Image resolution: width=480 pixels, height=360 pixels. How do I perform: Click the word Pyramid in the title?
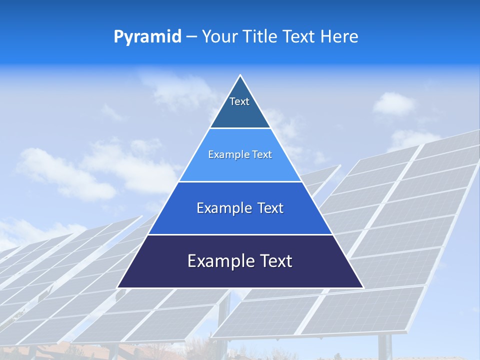pos(147,37)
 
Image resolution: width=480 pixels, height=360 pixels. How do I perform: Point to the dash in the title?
pos(191,37)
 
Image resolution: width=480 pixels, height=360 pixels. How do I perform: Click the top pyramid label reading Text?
pos(239,101)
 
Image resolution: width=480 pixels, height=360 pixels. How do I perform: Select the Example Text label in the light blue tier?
pos(240,154)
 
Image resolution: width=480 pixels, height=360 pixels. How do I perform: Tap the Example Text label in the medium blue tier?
pos(240,208)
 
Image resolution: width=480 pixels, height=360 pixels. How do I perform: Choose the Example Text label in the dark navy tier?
pos(240,261)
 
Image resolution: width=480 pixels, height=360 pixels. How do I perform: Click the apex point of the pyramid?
pos(240,75)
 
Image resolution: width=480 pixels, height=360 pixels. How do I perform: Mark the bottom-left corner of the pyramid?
pos(118,287)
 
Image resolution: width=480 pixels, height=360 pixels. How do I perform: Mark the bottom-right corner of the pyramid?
pos(362,287)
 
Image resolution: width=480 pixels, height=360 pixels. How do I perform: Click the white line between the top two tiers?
pos(240,128)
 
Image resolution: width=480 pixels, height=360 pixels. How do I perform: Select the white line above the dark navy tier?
pos(240,234)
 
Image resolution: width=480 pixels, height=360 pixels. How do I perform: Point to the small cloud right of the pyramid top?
pos(394,104)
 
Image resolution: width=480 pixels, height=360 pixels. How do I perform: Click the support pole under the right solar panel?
pos(385,347)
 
